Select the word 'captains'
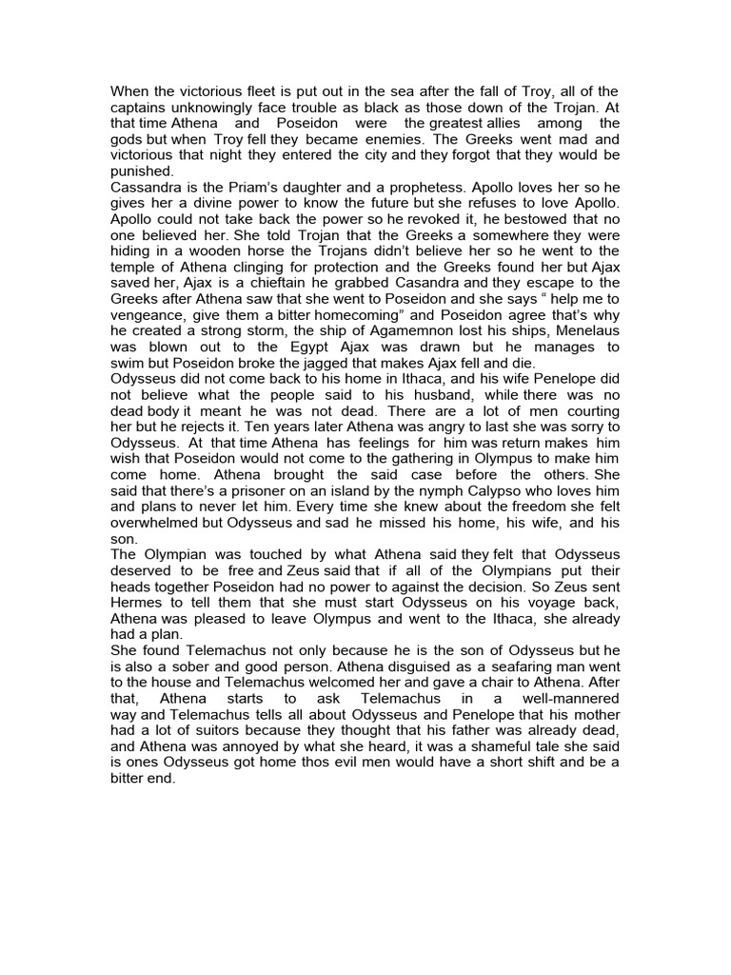coord(139,108)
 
